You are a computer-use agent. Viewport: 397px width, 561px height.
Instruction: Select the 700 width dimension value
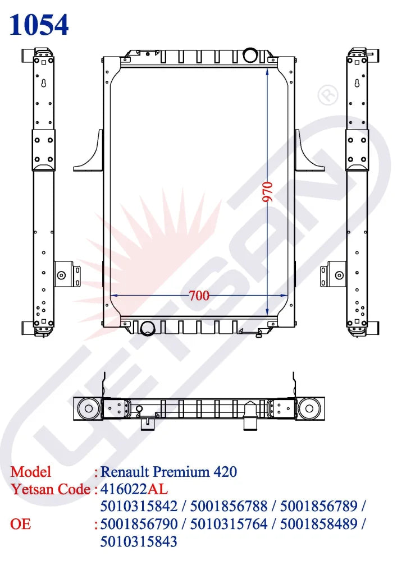(x=199, y=295)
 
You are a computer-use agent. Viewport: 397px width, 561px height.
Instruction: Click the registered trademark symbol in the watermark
(x=328, y=95)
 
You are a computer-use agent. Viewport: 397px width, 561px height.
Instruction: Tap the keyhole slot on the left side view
(x=43, y=83)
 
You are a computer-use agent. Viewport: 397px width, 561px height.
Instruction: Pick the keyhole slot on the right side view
(x=357, y=83)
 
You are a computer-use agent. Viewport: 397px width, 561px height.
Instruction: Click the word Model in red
(x=31, y=472)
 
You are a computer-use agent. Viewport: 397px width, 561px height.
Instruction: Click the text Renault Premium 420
(x=168, y=472)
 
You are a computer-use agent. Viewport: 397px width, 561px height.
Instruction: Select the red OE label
(x=21, y=524)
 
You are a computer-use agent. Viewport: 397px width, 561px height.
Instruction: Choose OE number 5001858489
(x=320, y=524)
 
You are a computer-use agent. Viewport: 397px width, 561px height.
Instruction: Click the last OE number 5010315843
(x=138, y=541)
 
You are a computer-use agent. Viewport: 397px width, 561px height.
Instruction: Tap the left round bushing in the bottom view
(x=88, y=408)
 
